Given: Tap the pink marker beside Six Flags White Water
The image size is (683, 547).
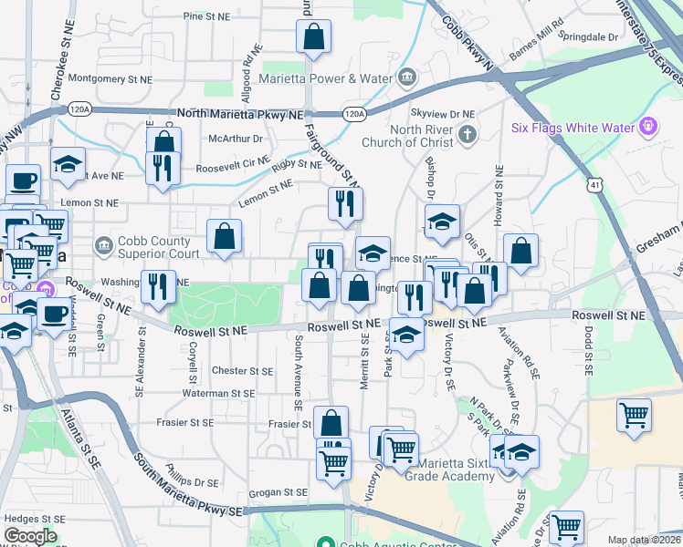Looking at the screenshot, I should click(x=648, y=125).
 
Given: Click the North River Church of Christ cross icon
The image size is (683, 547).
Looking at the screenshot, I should click(x=467, y=136).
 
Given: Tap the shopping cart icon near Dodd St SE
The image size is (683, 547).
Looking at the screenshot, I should click(x=634, y=416).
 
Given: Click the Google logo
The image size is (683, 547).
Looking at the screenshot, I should click(x=30, y=536).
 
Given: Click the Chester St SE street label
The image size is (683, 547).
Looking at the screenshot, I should click(x=242, y=371).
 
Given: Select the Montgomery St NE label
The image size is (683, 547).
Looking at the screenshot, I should click(x=108, y=78).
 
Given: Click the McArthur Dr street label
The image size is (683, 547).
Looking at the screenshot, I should click(x=236, y=139).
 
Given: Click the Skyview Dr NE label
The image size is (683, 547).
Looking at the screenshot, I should click(x=443, y=113).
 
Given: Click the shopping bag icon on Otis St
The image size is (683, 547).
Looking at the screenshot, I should click(x=520, y=253).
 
